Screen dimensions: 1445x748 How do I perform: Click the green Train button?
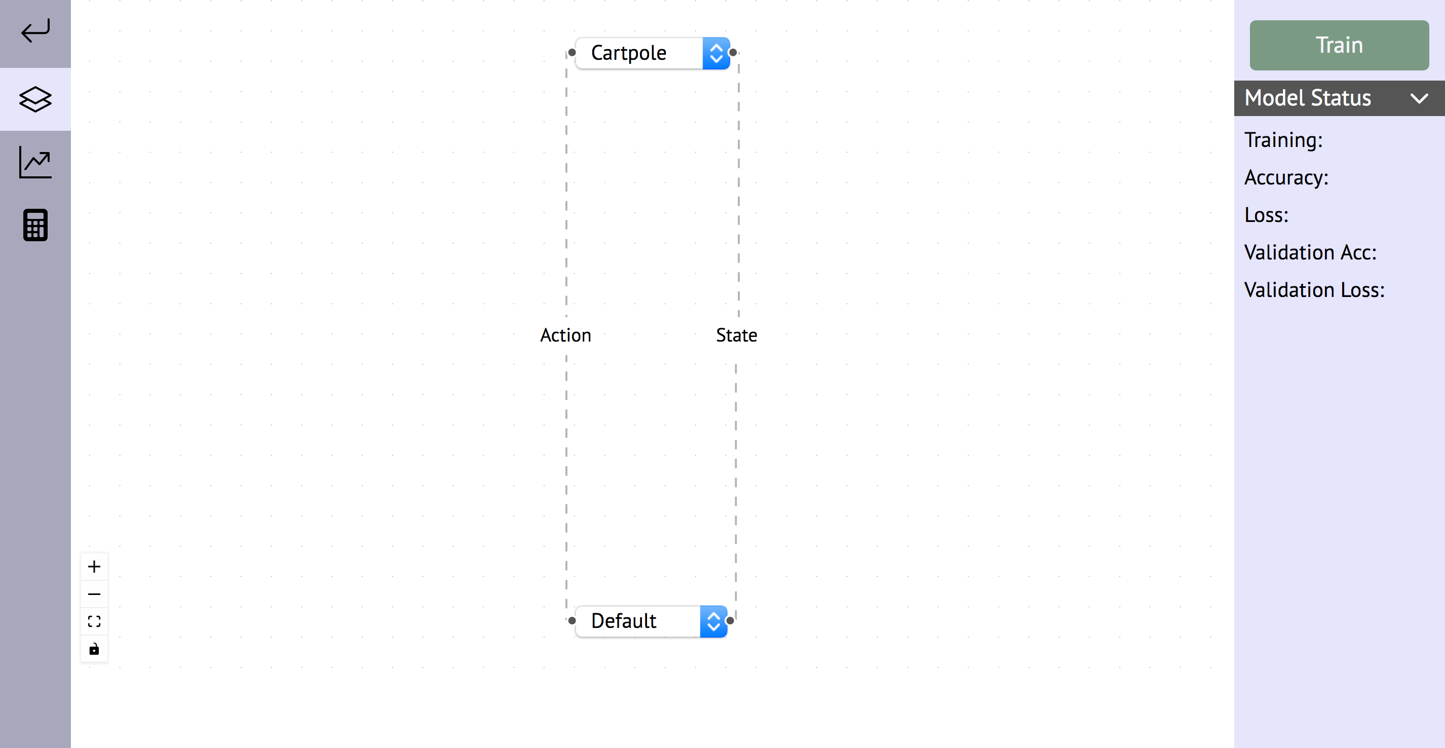pyautogui.click(x=1339, y=45)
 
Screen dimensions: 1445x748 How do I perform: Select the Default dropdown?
pyautogui.click(x=637, y=621)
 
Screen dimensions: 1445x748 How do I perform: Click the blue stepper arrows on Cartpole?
pyautogui.click(x=716, y=53)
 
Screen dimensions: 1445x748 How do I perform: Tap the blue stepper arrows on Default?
pyautogui.click(x=713, y=621)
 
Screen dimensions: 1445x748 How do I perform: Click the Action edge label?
pyautogui.click(x=565, y=335)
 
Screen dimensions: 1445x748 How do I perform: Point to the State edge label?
pyautogui.click(x=736, y=335)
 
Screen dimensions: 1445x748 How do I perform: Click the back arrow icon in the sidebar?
pyautogui.click(x=35, y=31)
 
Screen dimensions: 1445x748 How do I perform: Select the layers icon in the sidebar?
pyautogui.click(x=35, y=99)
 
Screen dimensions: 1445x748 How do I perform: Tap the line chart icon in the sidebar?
pyautogui.click(x=35, y=162)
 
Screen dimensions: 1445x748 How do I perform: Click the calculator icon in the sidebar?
pyautogui.click(x=35, y=225)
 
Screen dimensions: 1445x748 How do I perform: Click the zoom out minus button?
pyautogui.click(x=94, y=593)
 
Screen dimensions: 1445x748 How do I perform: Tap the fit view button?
pyautogui.click(x=94, y=621)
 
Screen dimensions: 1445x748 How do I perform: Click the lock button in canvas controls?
pyautogui.click(x=94, y=649)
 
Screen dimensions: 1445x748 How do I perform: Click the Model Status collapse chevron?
pyautogui.click(x=1419, y=99)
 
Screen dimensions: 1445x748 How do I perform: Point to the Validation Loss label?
pyautogui.click(x=1314, y=290)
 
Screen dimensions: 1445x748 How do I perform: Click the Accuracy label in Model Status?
pyautogui.click(x=1286, y=177)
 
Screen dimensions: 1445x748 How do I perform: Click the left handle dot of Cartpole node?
pyautogui.click(x=572, y=53)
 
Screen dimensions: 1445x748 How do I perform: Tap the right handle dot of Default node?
pyautogui.click(x=730, y=621)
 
